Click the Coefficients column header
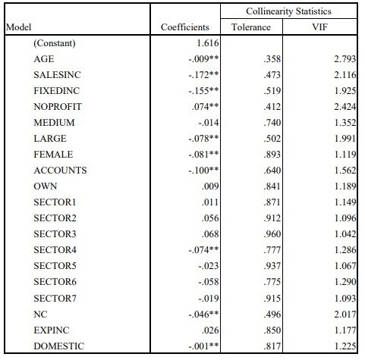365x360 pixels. [184, 28]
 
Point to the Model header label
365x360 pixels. [17, 28]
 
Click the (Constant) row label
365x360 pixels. [54, 43]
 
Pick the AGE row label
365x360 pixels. [44, 59]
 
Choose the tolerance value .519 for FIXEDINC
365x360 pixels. [263, 91]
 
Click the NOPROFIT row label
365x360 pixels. [57, 107]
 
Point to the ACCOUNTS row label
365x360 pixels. [60, 171]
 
